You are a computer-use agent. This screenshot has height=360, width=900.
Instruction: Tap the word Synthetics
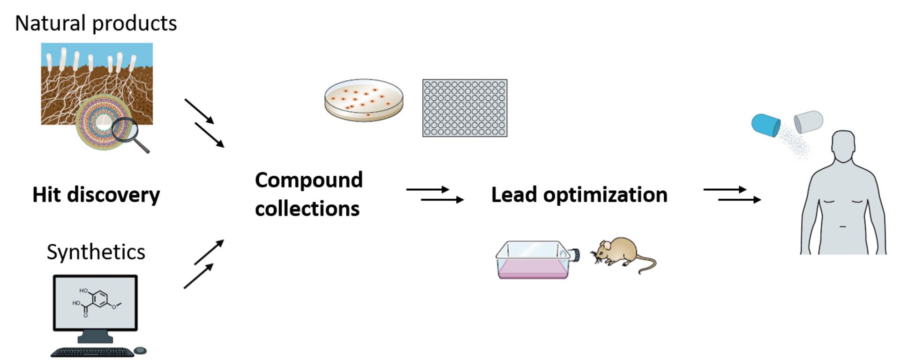click(x=96, y=252)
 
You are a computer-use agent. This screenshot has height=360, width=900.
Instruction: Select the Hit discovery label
click(x=96, y=195)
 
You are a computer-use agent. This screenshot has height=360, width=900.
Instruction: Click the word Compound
click(x=309, y=180)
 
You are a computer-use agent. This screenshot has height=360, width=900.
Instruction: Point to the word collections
click(x=307, y=209)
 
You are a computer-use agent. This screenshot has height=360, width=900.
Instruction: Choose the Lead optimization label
click(x=579, y=195)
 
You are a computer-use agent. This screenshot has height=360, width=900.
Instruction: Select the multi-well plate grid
click(x=465, y=108)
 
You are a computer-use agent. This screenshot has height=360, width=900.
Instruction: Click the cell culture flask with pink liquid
click(x=533, y=261)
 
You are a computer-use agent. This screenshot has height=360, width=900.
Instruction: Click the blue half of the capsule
click(x=765, y=125)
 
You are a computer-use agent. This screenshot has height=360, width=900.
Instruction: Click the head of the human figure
click(x=843, y=145)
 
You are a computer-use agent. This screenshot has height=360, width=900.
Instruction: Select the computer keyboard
click(x=92, y=352)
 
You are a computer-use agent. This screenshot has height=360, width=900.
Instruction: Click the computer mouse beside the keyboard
click(x=140, y=351)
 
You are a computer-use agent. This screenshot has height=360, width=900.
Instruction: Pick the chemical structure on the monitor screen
click(x=96, y=302)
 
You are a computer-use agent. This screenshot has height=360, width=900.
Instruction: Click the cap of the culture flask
click(x=575, y=255)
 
